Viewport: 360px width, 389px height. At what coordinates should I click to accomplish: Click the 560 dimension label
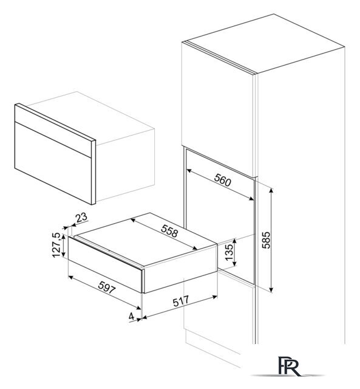tap(222, 180)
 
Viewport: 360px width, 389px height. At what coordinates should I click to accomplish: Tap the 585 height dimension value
tap(267, 240)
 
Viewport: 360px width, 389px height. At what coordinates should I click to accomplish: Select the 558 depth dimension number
tap(170, 231)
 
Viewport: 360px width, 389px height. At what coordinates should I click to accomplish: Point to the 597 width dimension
tap(107, 287)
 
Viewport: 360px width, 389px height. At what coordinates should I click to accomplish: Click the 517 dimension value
tap(181, 301)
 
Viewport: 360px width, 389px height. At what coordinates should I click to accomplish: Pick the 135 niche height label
tap(229, 252)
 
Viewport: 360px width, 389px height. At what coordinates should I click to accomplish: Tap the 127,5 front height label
tap(56, 245)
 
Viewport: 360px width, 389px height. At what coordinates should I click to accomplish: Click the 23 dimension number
tap(81, 218)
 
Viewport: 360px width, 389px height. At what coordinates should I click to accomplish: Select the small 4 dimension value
tap(131, 316)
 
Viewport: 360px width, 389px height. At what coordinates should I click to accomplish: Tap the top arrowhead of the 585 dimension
tap(271, 190)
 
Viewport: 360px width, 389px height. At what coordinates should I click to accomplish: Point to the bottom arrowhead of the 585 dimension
tap(271, 289)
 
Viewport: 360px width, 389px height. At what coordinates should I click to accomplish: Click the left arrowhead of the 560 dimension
tap(189, 170)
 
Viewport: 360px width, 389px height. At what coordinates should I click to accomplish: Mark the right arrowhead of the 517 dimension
tap(214, 296)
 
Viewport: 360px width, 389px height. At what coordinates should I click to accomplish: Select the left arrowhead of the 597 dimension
tap(70, 277)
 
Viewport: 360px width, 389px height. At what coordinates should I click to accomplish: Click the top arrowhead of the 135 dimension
tap(235, 240)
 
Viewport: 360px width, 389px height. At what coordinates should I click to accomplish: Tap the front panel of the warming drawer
tap(105, 264)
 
